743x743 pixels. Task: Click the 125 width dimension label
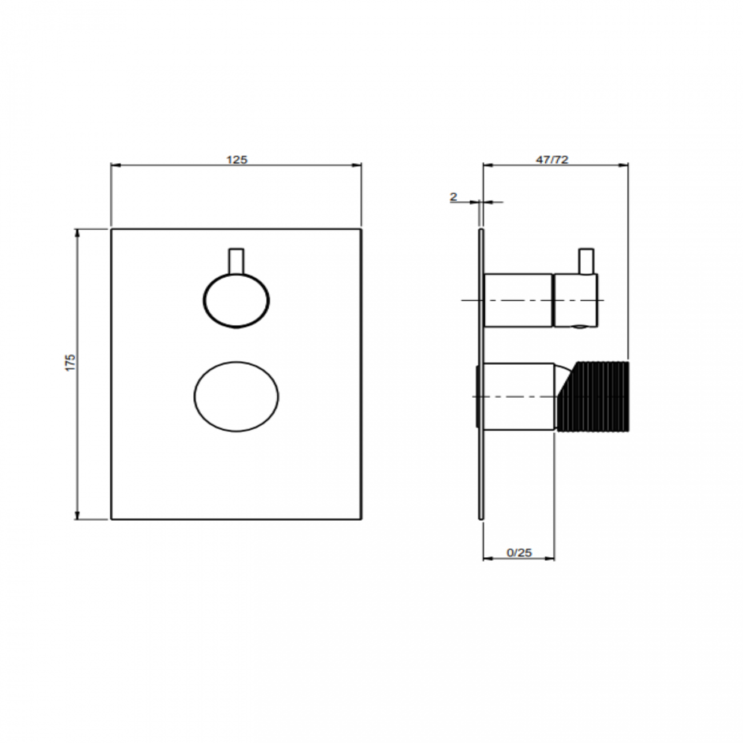click(x=237, y=159)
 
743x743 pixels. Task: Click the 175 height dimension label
click(x=70, y=363)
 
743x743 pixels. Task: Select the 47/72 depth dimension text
click(x=552, y=159)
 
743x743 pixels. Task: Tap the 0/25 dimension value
click(x=519, y=552)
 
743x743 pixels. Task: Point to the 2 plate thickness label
click(x=454, y=197)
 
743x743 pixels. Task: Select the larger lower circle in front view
click(x=237, y=396)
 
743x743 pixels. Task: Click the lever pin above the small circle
click(x=236, y=261)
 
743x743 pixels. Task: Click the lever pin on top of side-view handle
click(x=586, y=261)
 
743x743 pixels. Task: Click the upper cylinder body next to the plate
click(x=518, y=301)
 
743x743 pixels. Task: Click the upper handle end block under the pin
click(x=575, y=301)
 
